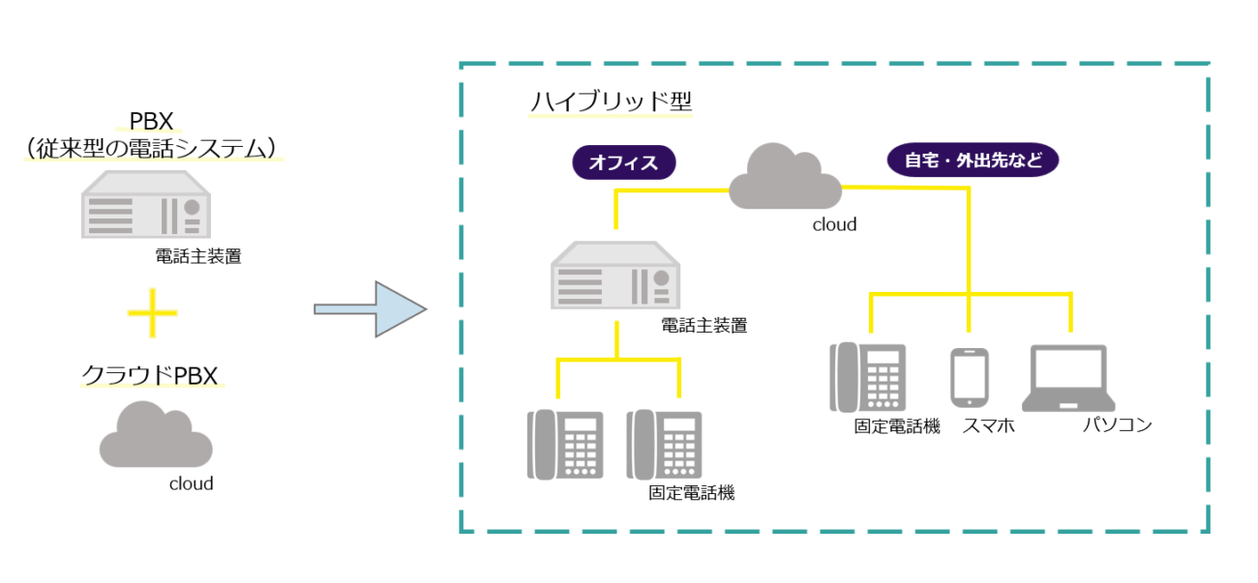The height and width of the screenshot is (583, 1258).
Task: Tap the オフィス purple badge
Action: point(623,162)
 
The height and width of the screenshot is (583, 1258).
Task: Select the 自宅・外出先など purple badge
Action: point(973,160)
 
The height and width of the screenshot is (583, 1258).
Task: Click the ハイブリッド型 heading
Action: point(611,102)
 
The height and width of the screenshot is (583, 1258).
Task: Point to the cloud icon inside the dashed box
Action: point(786,178)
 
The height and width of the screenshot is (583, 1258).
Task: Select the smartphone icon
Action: point(970,377)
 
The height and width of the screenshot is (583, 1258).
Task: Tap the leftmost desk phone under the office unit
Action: point(564,445)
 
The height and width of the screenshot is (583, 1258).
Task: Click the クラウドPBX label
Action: point(150,375)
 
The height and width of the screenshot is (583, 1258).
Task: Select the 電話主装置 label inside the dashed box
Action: point(704,326)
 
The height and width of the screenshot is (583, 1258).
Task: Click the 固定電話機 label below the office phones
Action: point(691,493)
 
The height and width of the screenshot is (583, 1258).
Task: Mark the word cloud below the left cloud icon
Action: point(191,483)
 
